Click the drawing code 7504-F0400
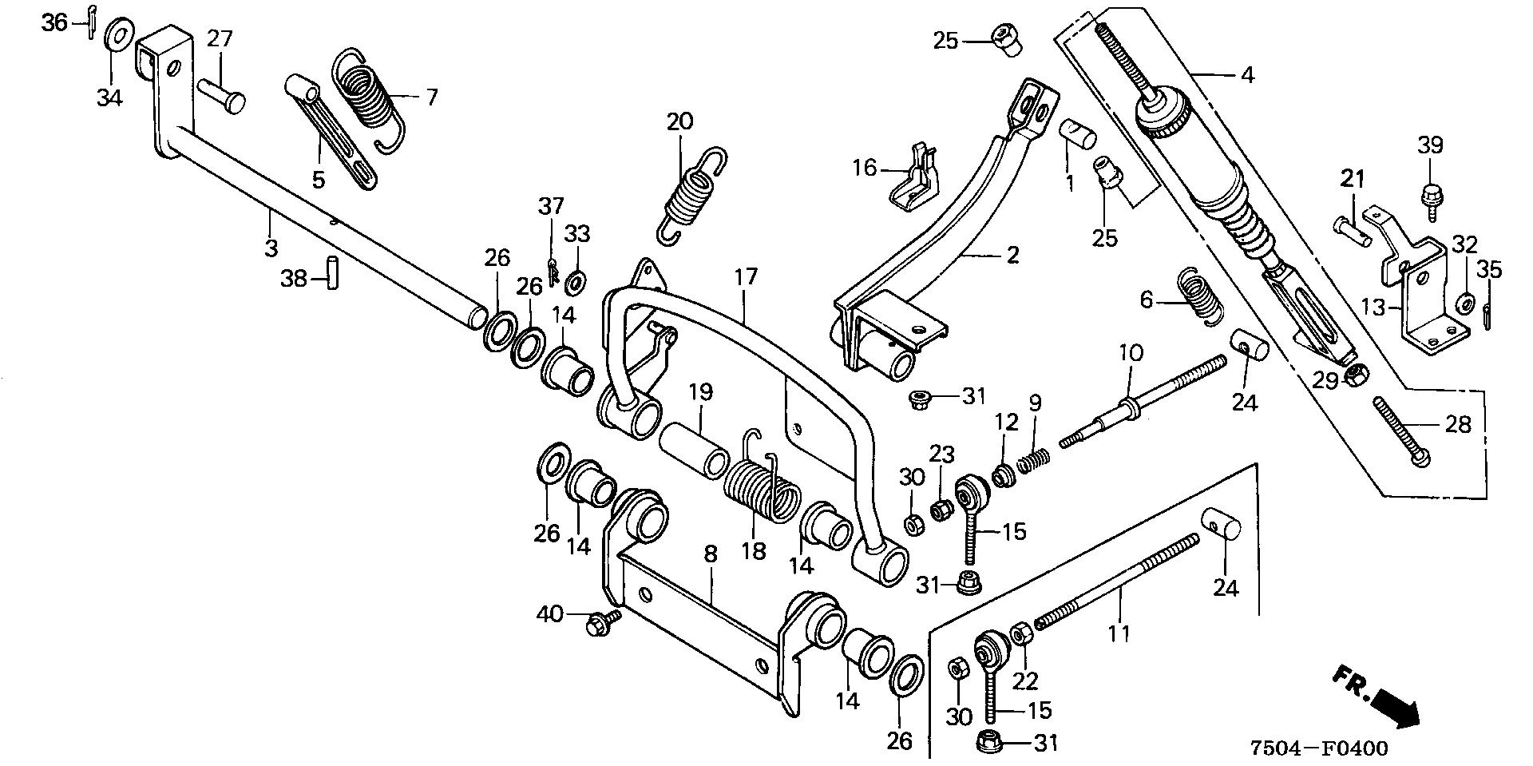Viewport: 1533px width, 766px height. tap(1319, 748)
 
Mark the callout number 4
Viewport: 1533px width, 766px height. tap(1247, 75)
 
